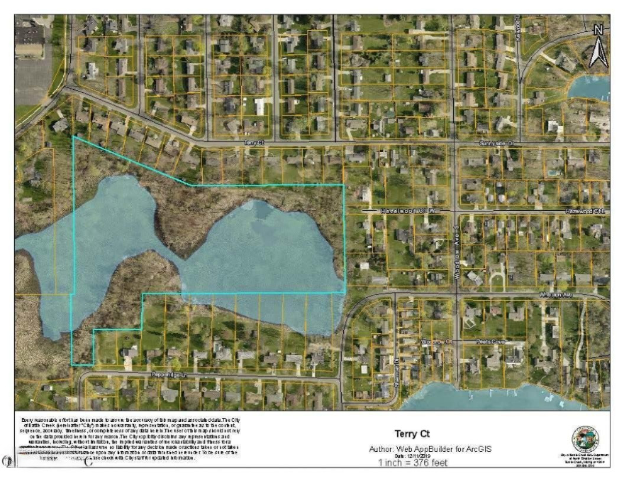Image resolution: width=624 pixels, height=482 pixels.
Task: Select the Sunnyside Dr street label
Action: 495,144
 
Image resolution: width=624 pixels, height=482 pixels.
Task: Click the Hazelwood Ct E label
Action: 585,211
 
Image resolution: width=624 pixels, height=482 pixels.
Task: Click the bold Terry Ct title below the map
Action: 412,434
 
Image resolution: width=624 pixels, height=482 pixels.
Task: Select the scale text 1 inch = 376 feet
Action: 412,463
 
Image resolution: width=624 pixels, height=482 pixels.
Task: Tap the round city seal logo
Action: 585,439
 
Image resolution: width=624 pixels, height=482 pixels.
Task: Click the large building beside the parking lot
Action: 30,38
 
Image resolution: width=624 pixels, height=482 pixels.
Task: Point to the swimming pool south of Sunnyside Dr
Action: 552,173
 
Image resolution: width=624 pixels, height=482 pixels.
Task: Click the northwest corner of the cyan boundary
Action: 73,137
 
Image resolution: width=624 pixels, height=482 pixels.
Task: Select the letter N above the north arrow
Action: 599,30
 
